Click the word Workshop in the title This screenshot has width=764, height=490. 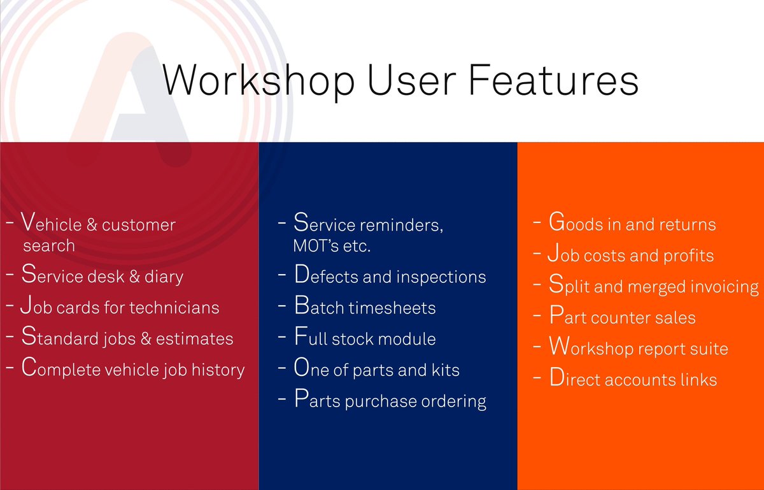259,80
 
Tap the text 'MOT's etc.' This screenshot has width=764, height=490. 331,246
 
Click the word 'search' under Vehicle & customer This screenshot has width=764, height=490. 49,245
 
